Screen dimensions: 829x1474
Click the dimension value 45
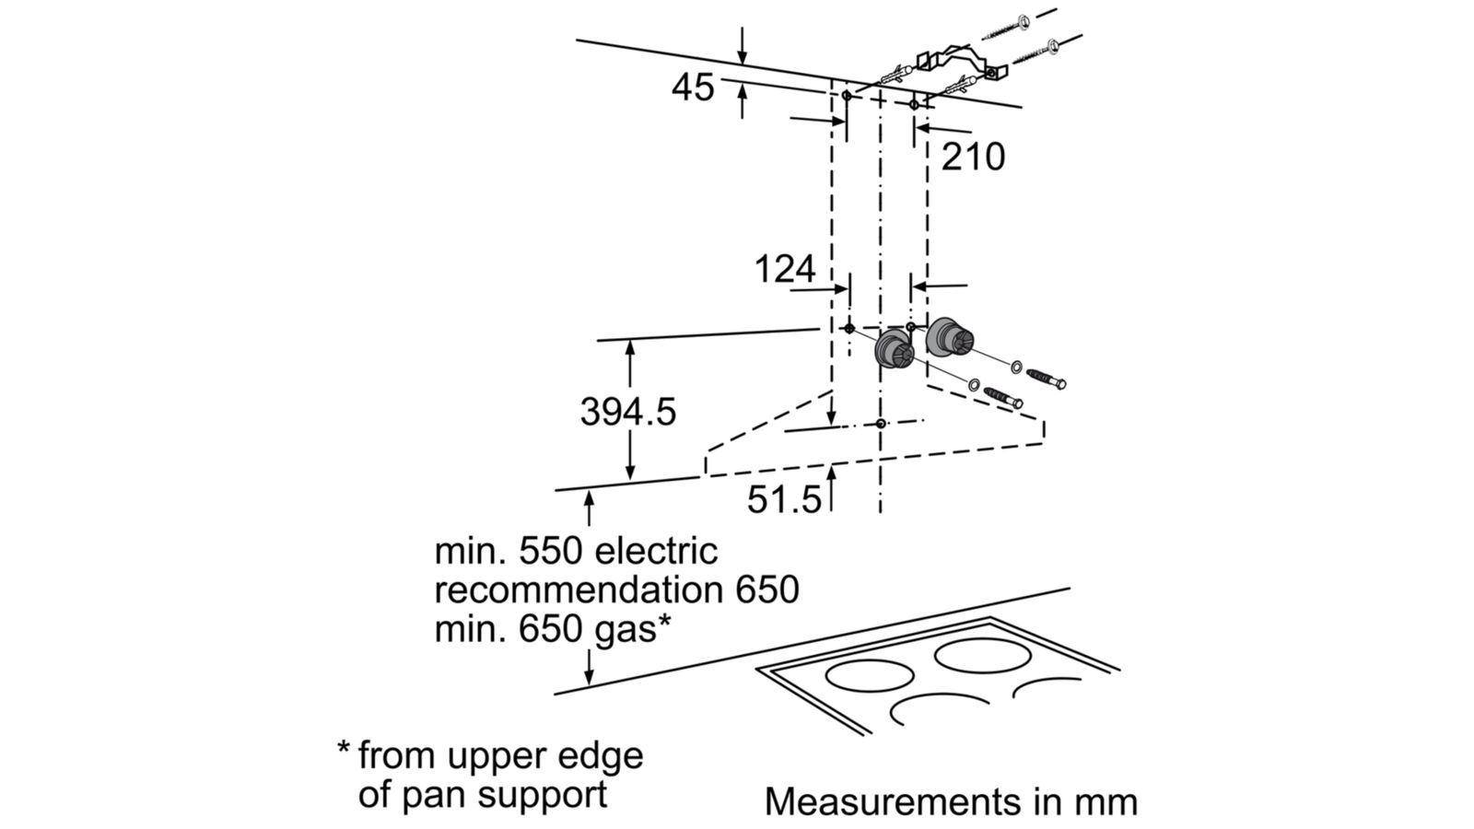coord(692,88)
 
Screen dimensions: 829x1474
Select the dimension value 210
coord(973,158)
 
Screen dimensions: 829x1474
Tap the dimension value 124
coord(785,269)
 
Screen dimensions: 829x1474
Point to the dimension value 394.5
coord(627,412)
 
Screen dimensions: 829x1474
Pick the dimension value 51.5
coord(783,499)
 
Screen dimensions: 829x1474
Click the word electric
coord(656,552)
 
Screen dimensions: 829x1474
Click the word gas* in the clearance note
coord(626,630)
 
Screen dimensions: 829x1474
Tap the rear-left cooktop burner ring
coord(871,675)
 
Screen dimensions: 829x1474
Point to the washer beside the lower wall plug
coord(973,382)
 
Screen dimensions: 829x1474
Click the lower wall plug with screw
coord(1003,396)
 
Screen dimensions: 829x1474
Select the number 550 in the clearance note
coord(552,552)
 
